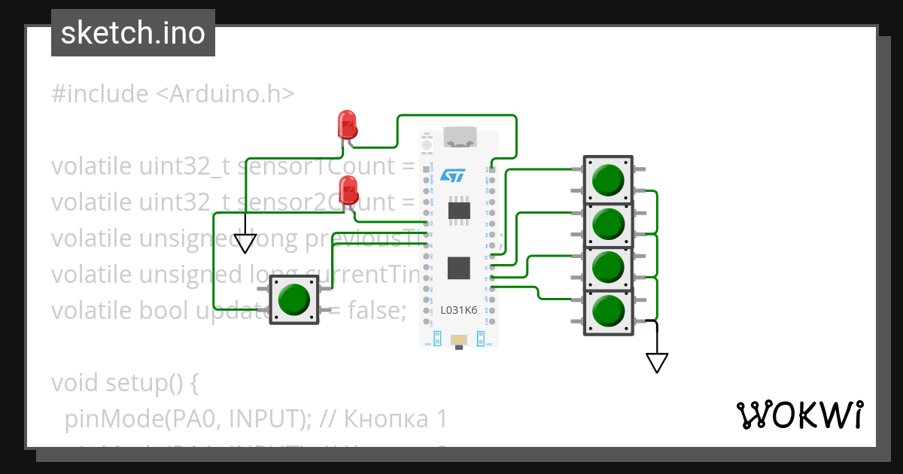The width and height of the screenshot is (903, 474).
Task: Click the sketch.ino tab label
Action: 133,33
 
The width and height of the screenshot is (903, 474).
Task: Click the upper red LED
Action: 347,124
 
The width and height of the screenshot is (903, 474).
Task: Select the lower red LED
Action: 348,190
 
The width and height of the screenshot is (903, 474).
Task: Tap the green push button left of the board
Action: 293,299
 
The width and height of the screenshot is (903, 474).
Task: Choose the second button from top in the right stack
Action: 608,223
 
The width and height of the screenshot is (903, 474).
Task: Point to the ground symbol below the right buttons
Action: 657,363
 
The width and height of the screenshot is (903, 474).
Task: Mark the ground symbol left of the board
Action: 245,243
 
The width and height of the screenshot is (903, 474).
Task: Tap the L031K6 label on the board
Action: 458,310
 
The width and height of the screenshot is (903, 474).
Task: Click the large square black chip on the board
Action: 458,268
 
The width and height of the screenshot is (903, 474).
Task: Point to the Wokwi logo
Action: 798,415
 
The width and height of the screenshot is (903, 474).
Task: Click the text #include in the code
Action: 100,94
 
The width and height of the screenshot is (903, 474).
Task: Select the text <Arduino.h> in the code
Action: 225,94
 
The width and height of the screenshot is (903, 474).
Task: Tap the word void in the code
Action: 78,383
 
